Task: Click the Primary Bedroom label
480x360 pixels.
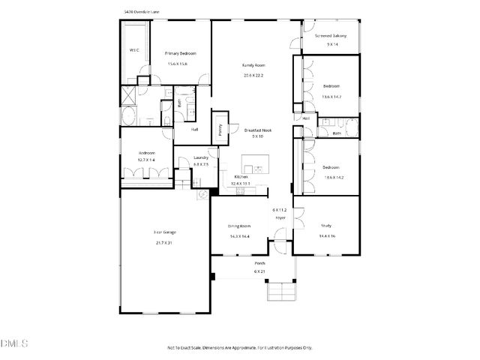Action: (181, 54)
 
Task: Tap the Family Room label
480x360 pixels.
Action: (253, 65)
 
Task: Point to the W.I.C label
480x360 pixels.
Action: (134, 50)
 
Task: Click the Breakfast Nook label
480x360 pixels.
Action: (257, 130)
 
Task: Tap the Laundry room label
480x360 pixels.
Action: (200, 157)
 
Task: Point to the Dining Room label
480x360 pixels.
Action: (240, 226)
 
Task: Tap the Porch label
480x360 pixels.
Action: (259, 264)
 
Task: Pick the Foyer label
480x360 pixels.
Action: (280, 217)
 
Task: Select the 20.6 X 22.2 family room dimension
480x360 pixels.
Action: (253, 75)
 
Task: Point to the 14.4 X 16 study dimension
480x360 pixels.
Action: (328, 235)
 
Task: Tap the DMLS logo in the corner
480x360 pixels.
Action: (14, 343)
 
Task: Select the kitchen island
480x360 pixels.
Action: (255, 168)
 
